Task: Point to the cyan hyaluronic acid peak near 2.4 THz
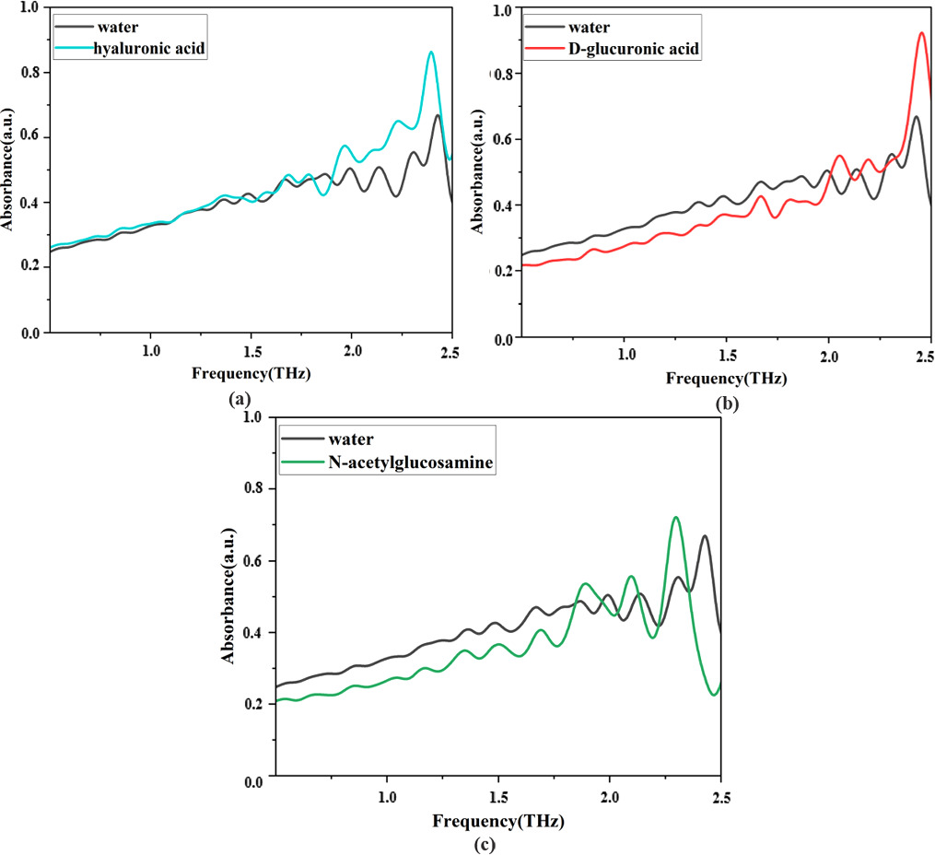click(x=430, y=53)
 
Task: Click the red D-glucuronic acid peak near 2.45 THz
click(x=921, y=33)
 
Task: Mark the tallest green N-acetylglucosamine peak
click(x=676, y=518)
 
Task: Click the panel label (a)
click(x=240, y=399)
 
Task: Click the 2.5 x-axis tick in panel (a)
click(x=450, y=351)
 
